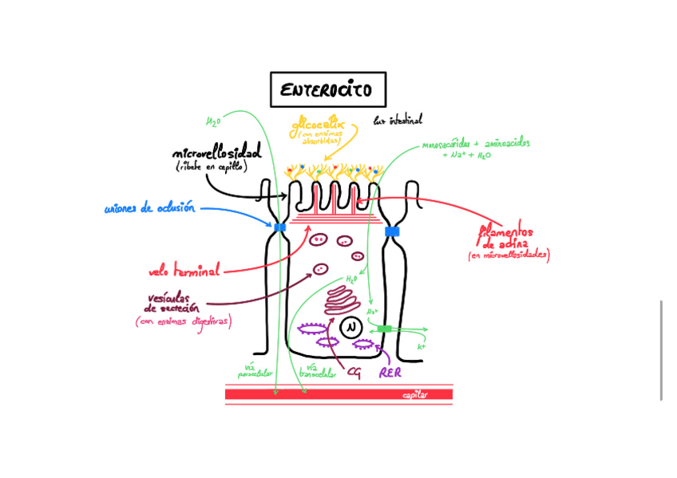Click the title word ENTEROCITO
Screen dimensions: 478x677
(x=327, y=90)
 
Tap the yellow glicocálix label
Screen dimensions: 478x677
(x=316, y=125)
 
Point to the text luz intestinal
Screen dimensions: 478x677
(x=398, y=120)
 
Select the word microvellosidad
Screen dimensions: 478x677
(x=216, y=153)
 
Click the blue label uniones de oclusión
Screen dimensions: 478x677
(x=149, y=209)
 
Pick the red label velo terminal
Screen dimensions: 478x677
(x=184, y=271)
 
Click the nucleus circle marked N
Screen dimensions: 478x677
(x=350, y=327)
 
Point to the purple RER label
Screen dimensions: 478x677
(x=390, y=373)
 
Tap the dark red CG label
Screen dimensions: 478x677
(x=354, y=372)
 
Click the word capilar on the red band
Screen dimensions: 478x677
(x=415, y=395)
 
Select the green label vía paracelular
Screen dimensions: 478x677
(x=255, y=371)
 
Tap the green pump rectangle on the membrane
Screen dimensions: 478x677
(x=385, y=329)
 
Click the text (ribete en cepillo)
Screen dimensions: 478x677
(x=212, y=168)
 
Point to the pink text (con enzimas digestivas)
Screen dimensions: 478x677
(x=183, y=322)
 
